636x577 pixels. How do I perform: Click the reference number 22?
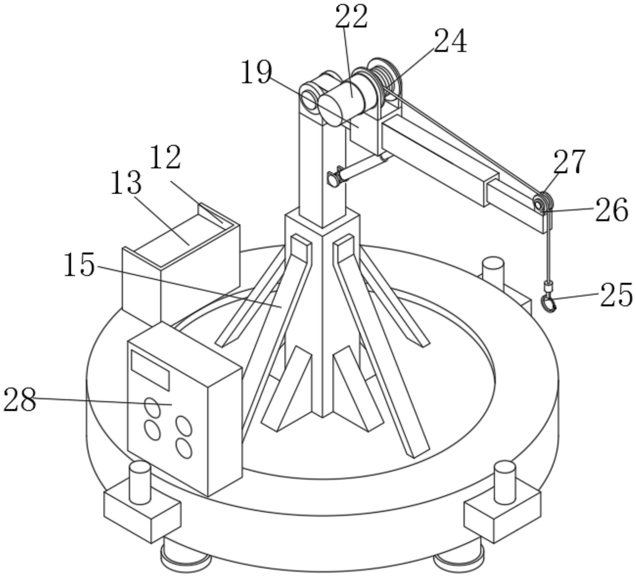click(x=351, y=17)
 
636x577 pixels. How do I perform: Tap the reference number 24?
click(x=450, y=41)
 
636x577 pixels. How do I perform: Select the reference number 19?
click(x=256, y=72)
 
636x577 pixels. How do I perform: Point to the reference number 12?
click(x=165, y=157)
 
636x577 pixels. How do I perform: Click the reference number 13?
click(x=126, y=182)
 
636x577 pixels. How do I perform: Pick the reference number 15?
click(x=79, y=265)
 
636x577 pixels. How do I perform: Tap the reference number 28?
click(x=20, y=400)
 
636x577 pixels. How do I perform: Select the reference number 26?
click(x=612, y=210)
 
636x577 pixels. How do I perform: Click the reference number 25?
click(x=616, y=295)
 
